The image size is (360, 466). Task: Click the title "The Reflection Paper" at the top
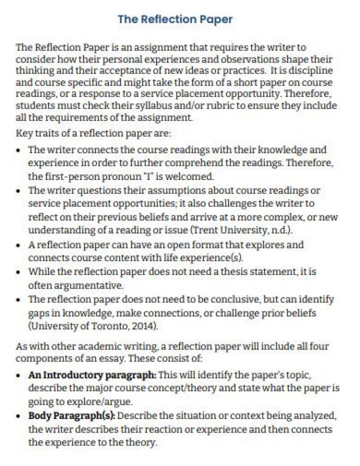175,19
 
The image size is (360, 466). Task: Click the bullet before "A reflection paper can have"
18,245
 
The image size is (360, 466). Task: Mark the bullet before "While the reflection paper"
18,272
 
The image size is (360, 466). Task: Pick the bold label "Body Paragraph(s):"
71,416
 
